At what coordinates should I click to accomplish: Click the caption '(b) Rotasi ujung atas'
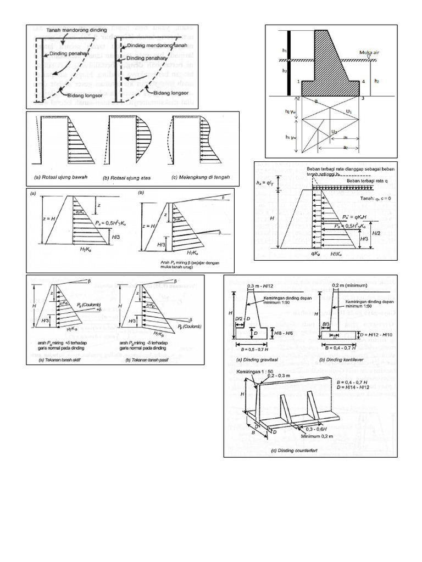127,178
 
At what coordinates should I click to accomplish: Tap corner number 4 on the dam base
363,82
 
